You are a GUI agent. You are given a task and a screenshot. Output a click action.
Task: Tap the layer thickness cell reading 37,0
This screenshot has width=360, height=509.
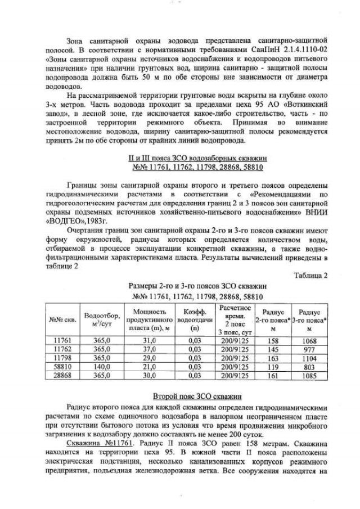[x=148, y=349]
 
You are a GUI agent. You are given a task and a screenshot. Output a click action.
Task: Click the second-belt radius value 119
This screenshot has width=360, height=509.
[x=273, y=366]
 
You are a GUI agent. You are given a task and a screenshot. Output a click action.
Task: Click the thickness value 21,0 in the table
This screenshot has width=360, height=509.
[x=148, y=366]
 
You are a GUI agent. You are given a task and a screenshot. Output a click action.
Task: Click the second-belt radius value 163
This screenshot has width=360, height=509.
[x=273, y=358]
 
